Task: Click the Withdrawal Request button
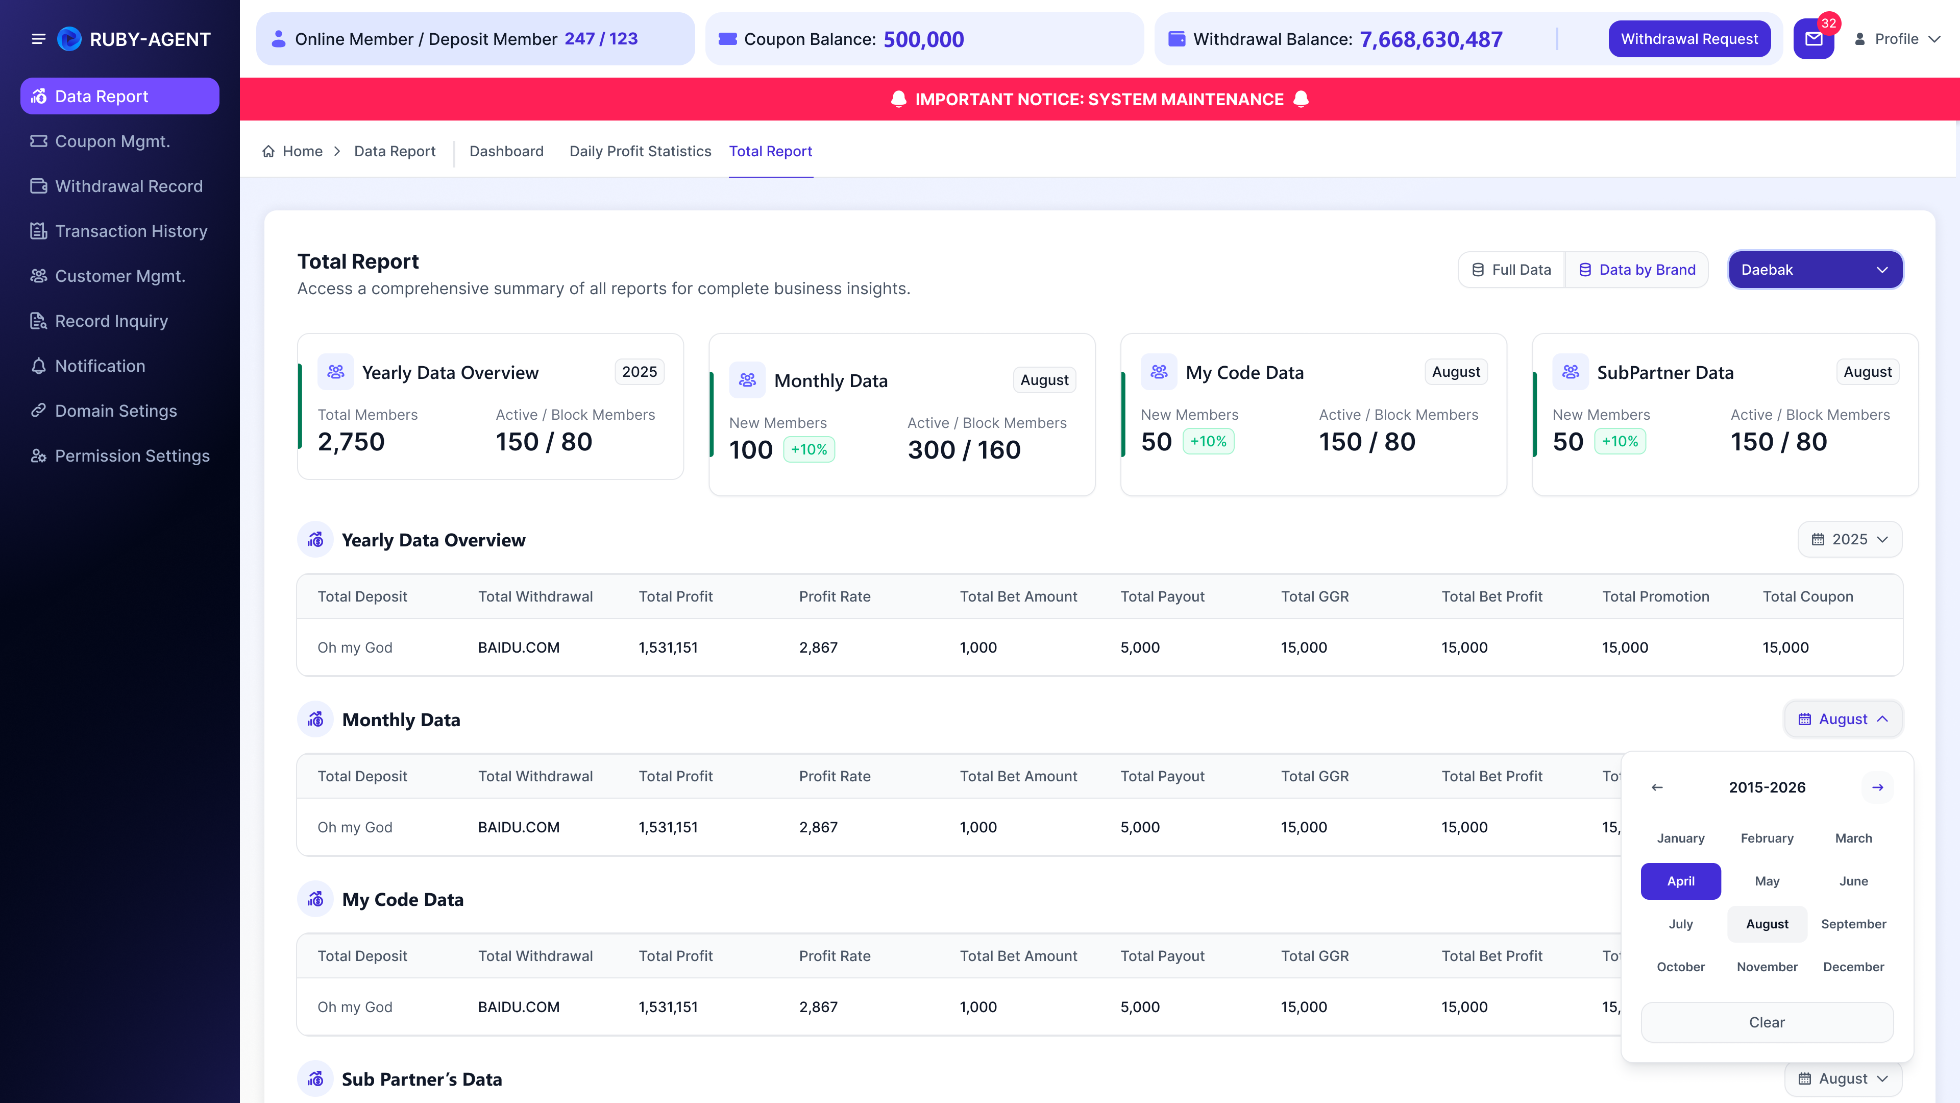tap(1689, 39)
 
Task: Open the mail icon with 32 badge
tap(1814, 39)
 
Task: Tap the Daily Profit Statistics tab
tap(640, 152)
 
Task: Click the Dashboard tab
tap(506, 152)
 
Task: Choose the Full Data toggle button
tap(1511, 270)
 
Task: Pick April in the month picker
tap(1681, 881)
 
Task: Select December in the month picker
tap(1853, 967)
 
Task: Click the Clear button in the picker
tap(1767, 1022)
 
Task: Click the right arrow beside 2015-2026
tap(1878, 787)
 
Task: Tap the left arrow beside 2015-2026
tap(1657, 787)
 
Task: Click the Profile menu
tap(1897, 39)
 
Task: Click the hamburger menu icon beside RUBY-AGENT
tap(38, 39)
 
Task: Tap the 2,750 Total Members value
tap(351, 442)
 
